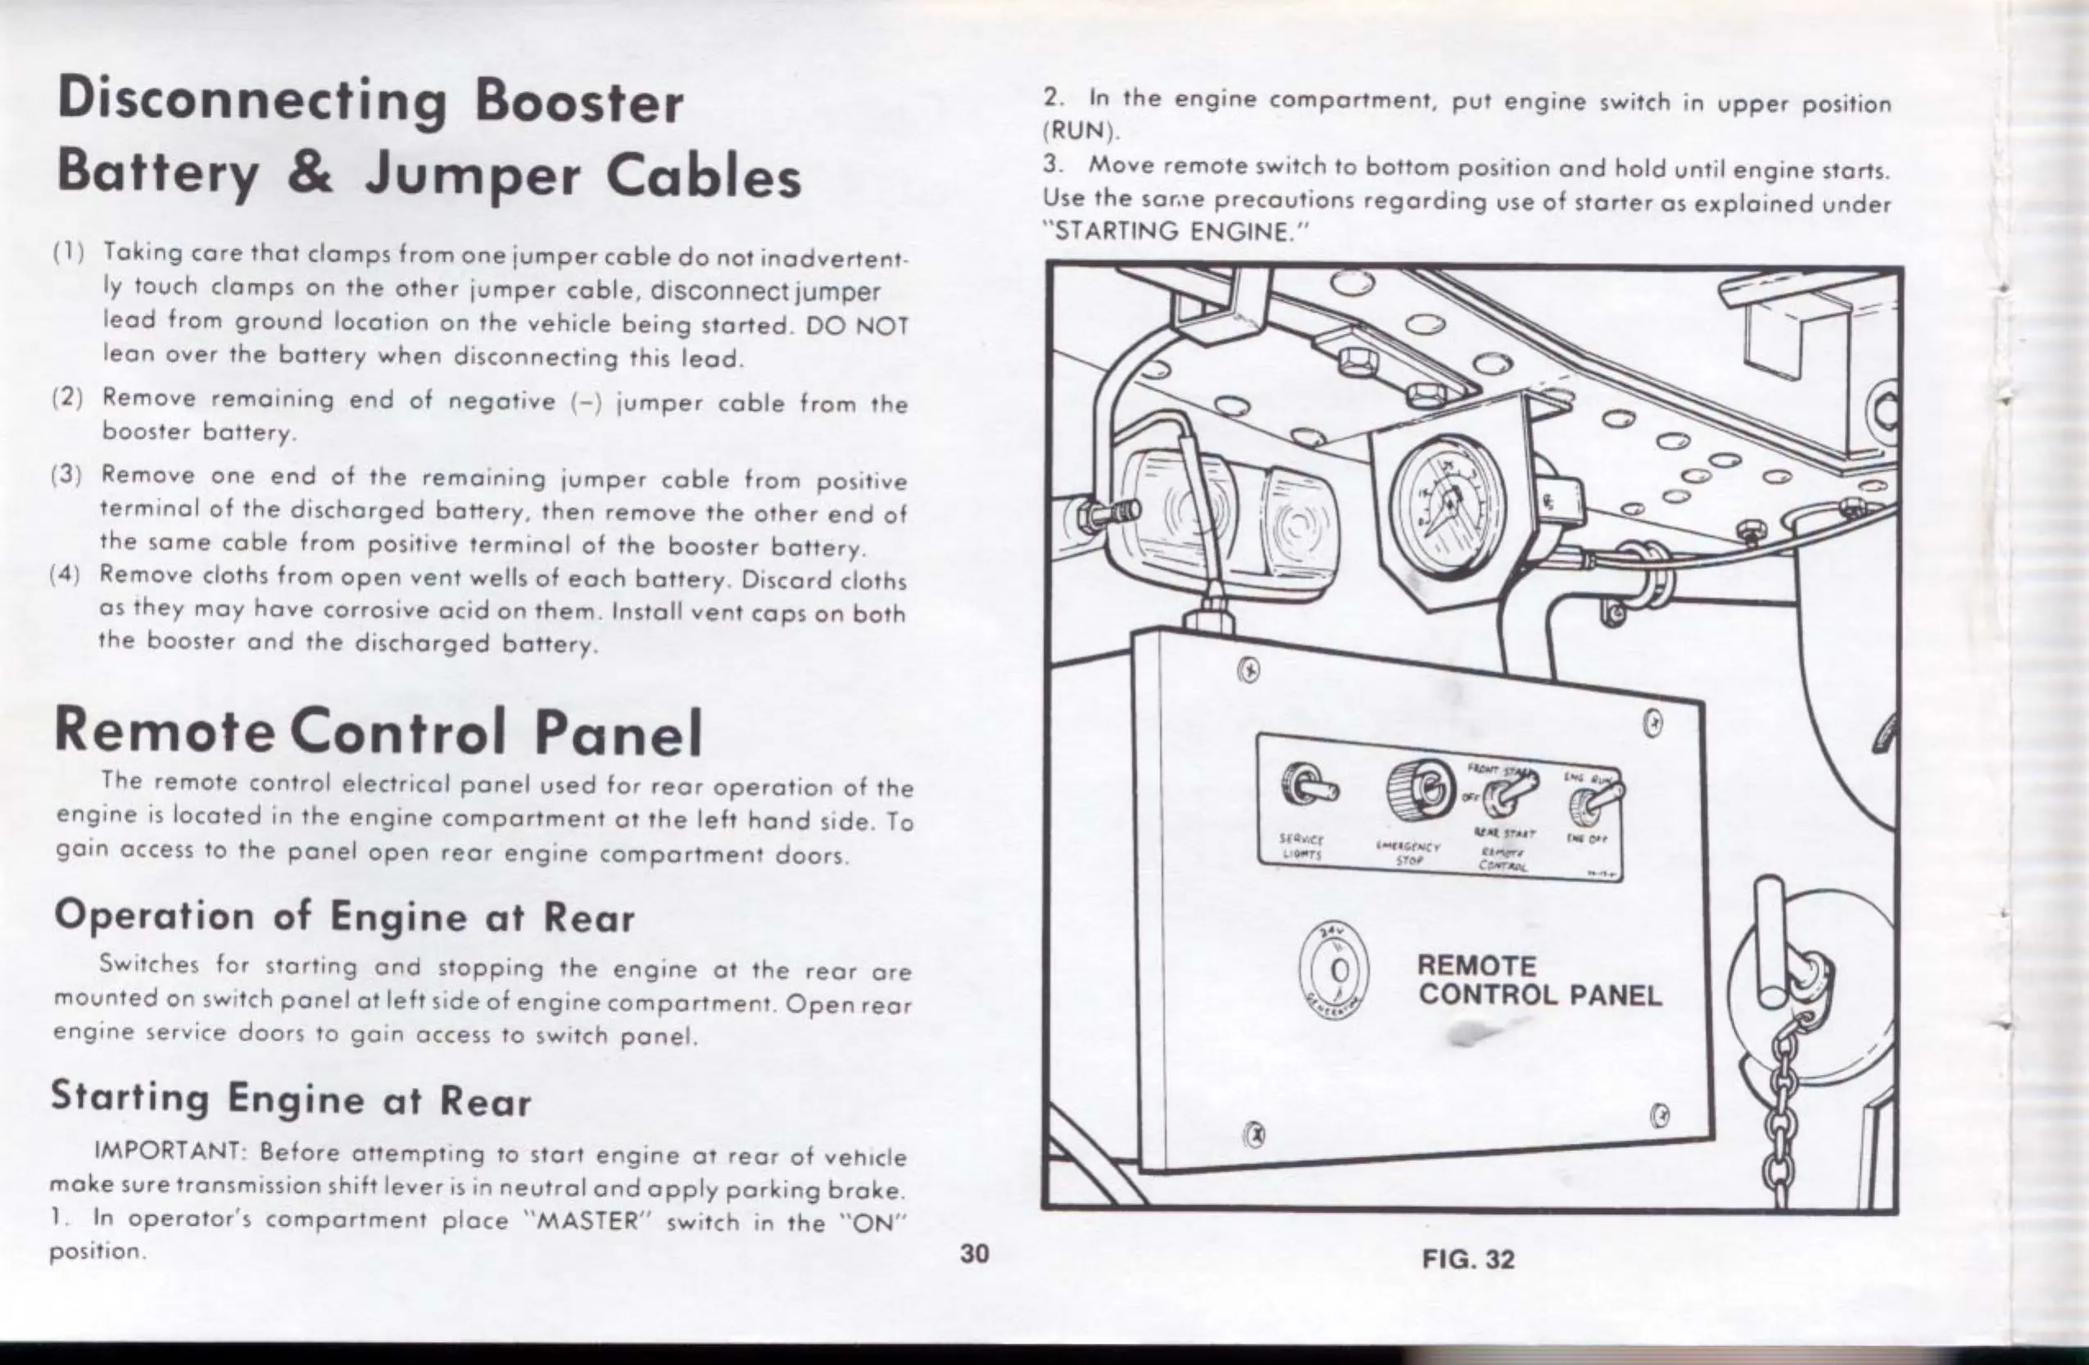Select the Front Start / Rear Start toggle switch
click(x=1512, y=792)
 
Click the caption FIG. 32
click(x=1468, y=1259)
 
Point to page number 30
click(x=974, y=1254)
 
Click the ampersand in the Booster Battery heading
click(x=310, y=172)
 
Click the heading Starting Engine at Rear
click(x=291, y=1098)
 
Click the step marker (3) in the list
click(x=66, y=475)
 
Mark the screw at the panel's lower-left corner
click(x=1257, y=1132)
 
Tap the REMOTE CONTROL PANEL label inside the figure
click(x=1539, y=981)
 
